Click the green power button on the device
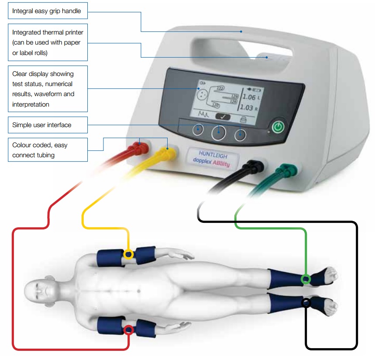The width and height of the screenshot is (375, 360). pyautogui.click(x=278, y=128)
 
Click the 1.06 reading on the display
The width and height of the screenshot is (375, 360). pyautogui.click(x=249, y=97)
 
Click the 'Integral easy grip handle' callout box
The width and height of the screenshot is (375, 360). pyautogui.click(x=47, y=11)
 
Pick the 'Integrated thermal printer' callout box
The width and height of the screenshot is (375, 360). pyautogui.click(x=48, y=42)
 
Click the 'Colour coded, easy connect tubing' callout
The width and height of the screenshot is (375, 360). pyautogui.click(x=48, y=150)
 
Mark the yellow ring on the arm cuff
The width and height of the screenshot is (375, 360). pyautogui.click(x=128, y=254)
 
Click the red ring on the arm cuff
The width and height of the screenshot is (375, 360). pyautogui.click(x=128, y=330)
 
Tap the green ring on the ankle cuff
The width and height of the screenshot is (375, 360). pyautogui.click(x=306, y=279)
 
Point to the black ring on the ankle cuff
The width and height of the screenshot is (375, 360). pyautogui.click(x=306, y=302)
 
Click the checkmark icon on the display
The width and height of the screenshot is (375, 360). pyautogui.click(x=223, y=117)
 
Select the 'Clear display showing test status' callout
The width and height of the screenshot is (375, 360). pyautogui.click(x=48, y=89)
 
